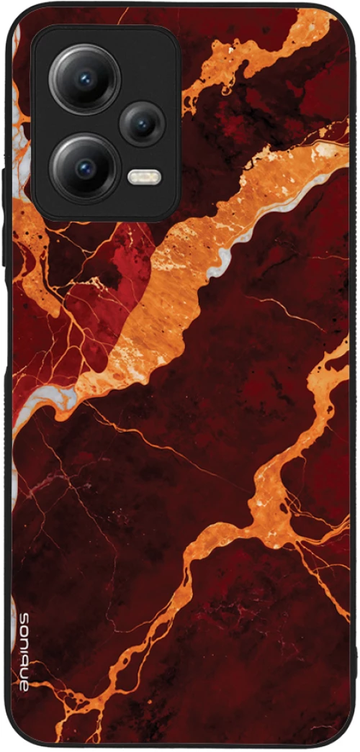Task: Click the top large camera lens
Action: coord(84,78)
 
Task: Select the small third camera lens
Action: coord(142,124)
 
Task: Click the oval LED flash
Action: coord(144,176)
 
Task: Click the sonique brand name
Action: coord(23,651)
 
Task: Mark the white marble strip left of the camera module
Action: coord(16,115)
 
